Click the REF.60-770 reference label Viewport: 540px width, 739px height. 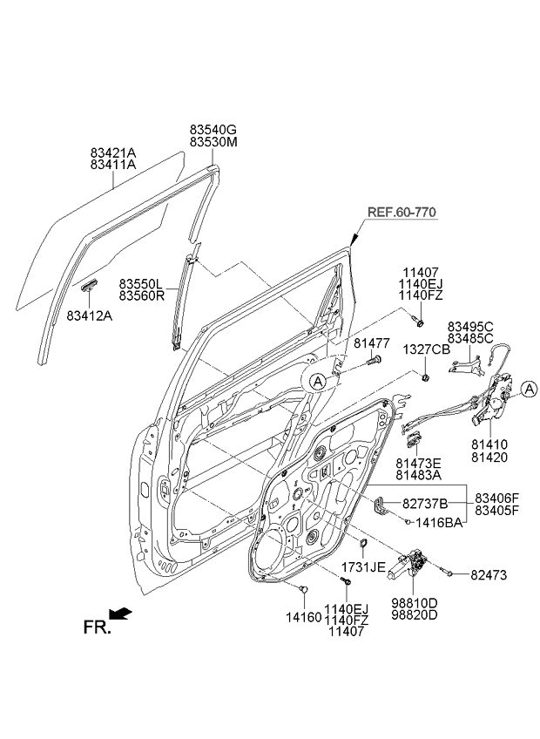pyautogui.click(x=401, y=212)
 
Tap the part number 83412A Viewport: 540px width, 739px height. pyautogui.click(x=90, y=316)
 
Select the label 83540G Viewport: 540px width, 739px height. pyautogui.click(x=213, y=129)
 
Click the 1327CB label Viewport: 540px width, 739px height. pyautogui.click(x=426, y=349)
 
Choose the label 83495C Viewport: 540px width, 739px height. pyautogui.click(x=470, y=325)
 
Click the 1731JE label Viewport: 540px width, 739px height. pyautogui.click(x=364, y=566)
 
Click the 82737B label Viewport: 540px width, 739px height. pyautogui.click(x=424, y=504)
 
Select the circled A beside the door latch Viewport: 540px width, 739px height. pyautogui.click(x=530, y=389)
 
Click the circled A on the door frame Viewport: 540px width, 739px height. pyautogui.click(x=320, y=380)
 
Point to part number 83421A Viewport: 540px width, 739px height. pyautogui.click(x=113, y=152)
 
